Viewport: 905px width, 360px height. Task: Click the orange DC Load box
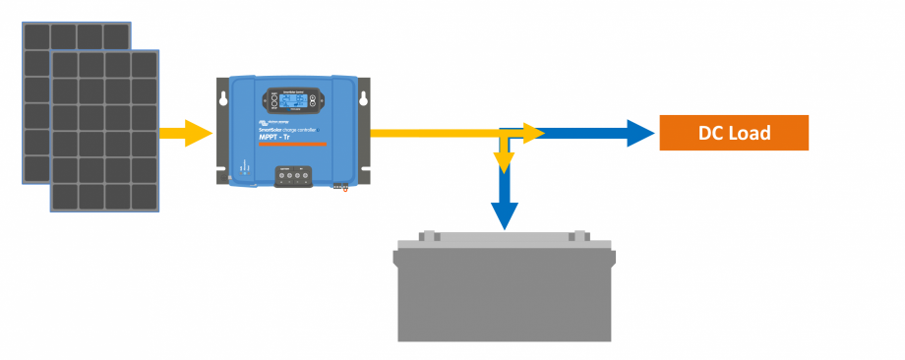pos(733,133)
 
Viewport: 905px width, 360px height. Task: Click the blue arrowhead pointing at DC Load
pos(641,133)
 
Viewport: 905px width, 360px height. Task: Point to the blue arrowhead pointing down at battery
pos(504,215)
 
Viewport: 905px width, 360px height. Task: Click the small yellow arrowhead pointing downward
pos(504,161)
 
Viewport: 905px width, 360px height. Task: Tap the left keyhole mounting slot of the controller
pos(224,99)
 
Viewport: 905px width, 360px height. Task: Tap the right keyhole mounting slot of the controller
pos(364,99)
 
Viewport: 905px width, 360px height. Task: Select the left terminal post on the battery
pos(429,236)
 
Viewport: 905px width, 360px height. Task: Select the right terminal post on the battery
pos(579,236)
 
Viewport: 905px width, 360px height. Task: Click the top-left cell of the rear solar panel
pos(37,36)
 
